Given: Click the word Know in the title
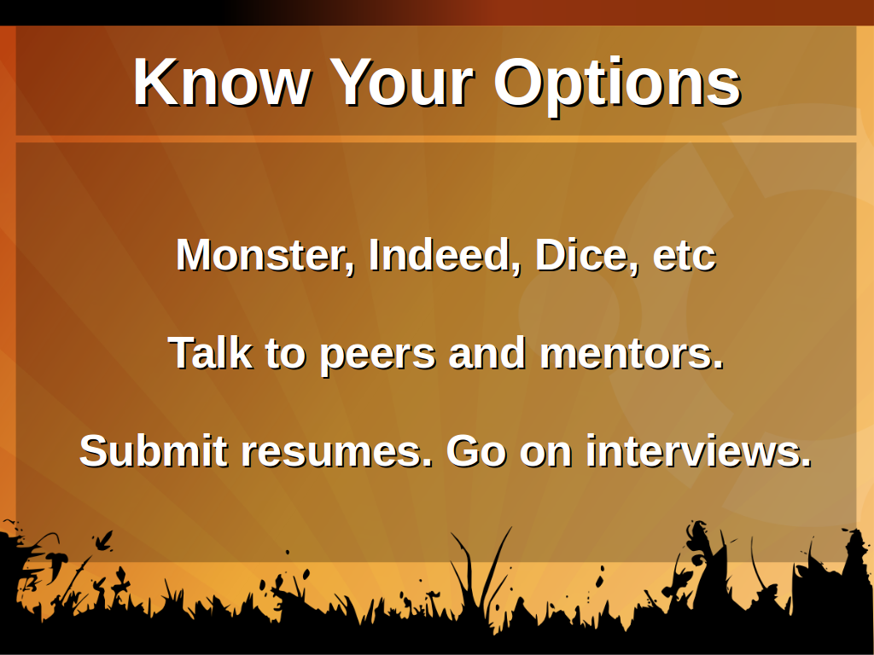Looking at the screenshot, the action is (222, 83).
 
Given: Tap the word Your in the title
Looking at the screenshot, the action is (402, 83).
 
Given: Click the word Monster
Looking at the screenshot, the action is (265, 256).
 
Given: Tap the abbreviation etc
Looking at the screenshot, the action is (685, 258).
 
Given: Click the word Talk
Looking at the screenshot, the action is (210, 352).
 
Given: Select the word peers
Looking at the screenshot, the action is (377, 357).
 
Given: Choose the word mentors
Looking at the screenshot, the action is (632, 354).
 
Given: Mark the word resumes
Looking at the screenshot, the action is (336, 453).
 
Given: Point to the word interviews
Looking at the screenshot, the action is (699, 450).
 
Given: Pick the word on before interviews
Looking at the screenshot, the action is (545, 454).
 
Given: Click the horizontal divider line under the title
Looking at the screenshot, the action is (436, 139).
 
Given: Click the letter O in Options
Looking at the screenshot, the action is (519, 83).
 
